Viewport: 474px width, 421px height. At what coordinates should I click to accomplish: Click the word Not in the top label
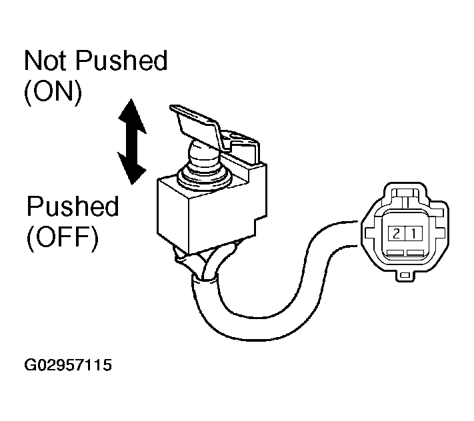point(45,61)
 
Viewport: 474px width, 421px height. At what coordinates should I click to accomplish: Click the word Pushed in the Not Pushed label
point(121,61)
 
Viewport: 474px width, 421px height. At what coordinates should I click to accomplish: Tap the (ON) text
point(53,92)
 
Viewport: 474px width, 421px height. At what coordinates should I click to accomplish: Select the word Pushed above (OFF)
point(73,206)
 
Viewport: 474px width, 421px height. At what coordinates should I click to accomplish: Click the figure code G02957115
point(68,365)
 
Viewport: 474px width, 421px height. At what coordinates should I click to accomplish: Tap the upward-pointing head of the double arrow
point(131,117)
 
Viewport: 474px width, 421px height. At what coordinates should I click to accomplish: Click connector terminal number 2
point(396,233)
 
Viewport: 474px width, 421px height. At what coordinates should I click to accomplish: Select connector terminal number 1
point(413,233)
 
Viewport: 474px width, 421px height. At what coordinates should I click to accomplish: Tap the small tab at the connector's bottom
point(405,275)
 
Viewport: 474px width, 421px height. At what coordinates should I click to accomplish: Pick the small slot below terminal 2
point(395,252)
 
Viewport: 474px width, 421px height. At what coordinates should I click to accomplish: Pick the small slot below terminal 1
point(415,252)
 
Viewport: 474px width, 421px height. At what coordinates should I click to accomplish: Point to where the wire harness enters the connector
point(359,233)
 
